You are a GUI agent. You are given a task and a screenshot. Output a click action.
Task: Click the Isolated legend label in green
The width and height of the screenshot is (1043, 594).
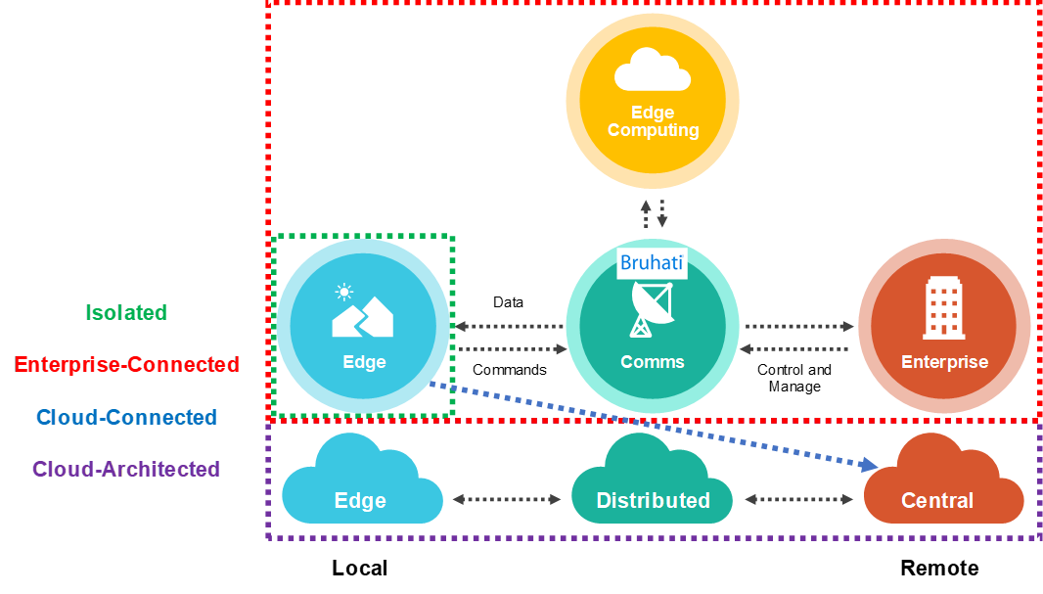pyautogui.click(x=126, y=313)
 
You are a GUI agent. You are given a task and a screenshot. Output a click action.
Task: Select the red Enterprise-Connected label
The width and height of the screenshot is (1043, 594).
pyautogui.click(x=127, y=365)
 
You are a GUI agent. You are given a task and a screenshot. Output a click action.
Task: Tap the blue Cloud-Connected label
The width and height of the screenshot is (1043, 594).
pyautogui.click(x=127, y=418)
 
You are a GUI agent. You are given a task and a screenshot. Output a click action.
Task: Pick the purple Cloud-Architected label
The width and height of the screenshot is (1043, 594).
pyautogui.click(x=126, y=470)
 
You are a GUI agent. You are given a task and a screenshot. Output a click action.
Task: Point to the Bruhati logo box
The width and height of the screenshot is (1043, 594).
pyautogui.click(x=651, y=263)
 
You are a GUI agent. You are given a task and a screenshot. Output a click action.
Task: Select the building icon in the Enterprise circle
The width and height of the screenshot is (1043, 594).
pyautogui.click(x=943, y=306)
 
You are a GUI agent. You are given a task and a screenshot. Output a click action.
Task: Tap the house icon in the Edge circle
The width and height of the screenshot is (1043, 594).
pyautogui.click(x=362, y=313)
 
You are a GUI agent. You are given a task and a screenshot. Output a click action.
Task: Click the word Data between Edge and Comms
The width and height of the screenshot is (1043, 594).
pyautogui.click(x=508, y=302)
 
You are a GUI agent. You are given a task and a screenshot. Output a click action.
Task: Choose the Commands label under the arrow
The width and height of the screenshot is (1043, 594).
pyautogui.click(x=509, y=370)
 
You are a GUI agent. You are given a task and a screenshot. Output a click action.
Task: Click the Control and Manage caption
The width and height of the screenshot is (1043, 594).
pyautogui.click(x=794, y=378)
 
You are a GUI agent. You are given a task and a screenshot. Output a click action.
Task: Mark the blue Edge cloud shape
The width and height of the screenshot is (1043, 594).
pyautogui.click(x=361, y=484)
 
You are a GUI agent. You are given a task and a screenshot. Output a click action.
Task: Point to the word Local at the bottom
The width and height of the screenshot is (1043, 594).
pyautogui.click(x=359, y=569)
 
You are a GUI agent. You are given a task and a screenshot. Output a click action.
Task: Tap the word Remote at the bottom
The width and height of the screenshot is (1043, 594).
pyautogui.click(x=939, y=569)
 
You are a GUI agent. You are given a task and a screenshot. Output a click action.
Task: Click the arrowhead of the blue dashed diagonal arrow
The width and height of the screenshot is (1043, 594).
pyautogui.click(x=869, y=465)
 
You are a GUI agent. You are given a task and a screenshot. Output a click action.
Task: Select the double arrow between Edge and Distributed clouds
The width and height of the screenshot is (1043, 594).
pyautogui.click(x=506, y=499)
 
